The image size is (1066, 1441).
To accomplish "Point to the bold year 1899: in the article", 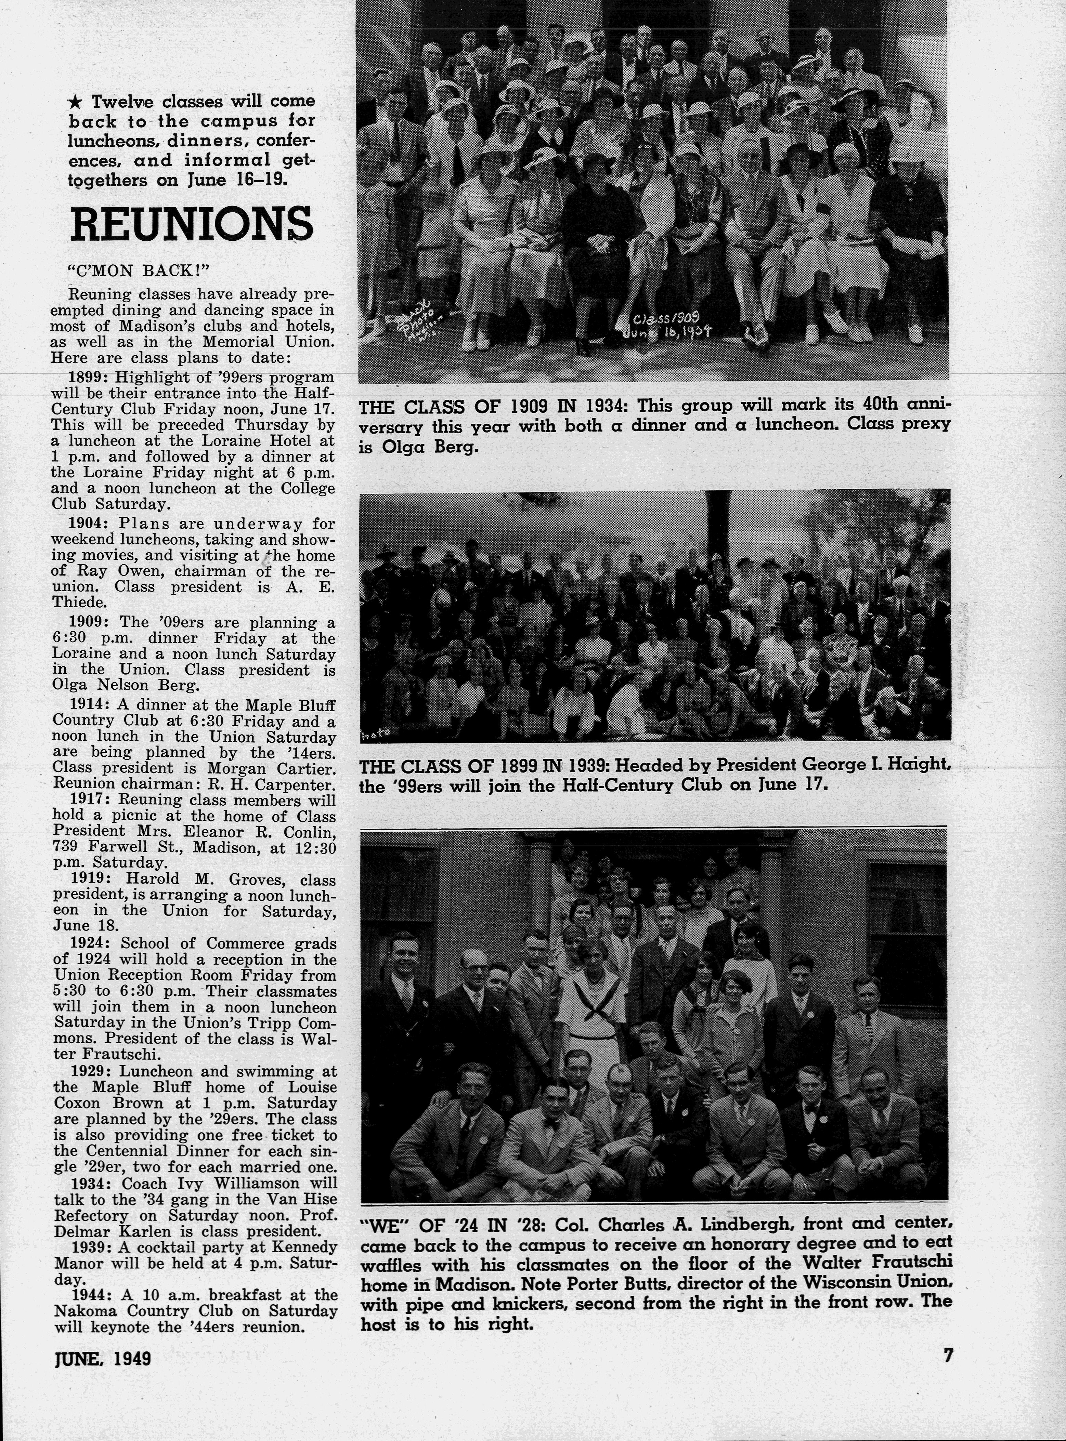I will (x=89, y=377).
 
